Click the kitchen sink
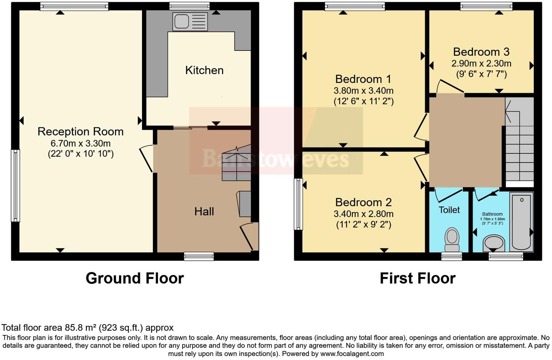tap(190, 21)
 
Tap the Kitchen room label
tap(204, 70)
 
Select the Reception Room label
tap(80, 131)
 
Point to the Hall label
tap(204, 211)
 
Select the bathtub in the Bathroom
tap(521, 221)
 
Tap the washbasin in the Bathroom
tap(494, 242)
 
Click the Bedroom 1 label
tap(363, 79)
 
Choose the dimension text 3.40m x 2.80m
tap(363, 214)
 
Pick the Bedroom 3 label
tap(481, 52)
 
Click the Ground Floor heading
tap(134, 278)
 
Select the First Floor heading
tap(417, 278)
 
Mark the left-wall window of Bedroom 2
tap(298, 204)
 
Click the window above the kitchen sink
tap(189, 6)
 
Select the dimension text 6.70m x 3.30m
tap(80, 143)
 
